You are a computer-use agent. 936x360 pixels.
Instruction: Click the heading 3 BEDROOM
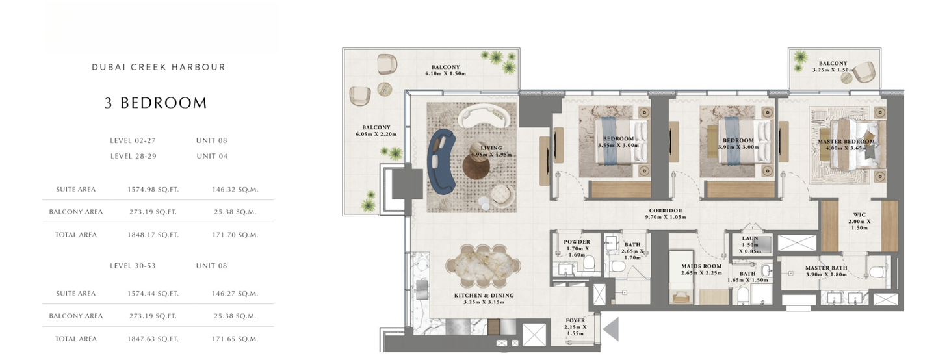(156, 103)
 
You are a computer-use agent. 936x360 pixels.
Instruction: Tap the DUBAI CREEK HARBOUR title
(159, 67)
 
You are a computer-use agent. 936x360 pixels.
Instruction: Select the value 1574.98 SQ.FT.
(153, 190)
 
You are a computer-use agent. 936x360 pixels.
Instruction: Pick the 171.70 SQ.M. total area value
(235, 235)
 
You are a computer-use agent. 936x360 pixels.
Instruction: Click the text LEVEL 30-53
(133, 266)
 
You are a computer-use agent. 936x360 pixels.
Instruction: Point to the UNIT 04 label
(213, 156)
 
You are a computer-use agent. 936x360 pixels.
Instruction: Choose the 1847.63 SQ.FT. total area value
(153, 339)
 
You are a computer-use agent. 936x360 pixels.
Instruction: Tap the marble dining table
(484, 266)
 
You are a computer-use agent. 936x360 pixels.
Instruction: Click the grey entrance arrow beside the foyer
(612, 329)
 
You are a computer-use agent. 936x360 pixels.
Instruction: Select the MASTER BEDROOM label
(846, 142)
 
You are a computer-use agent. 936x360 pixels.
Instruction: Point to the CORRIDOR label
(666, 211)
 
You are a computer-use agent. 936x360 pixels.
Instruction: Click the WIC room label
(859, 215)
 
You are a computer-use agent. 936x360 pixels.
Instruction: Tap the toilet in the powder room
(589, 263)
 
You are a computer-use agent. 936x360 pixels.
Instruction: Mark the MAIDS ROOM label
(701, 266)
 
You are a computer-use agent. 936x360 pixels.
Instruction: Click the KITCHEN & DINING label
(484, 295)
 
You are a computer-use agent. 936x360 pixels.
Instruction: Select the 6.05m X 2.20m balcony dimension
(376, 134)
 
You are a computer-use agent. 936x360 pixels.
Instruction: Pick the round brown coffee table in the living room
(476, 166)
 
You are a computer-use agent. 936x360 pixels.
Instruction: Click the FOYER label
(575, 320)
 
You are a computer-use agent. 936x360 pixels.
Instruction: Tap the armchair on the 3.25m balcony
(864, 72)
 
